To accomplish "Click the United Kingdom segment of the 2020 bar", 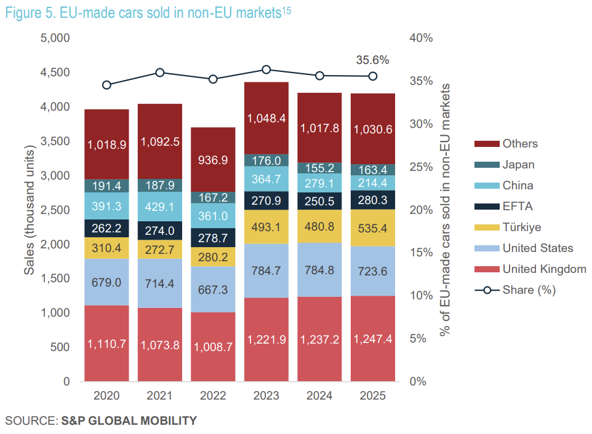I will (106, 343).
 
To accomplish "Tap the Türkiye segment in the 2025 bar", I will (372, 228).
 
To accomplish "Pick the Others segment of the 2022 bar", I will (213, 159).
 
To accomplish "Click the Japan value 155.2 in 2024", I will (319, 168).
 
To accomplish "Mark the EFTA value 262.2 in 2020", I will (106, 228).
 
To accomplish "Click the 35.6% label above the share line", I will (372, 60).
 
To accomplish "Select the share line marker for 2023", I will (266, 69).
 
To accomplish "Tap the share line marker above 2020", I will (106, 85).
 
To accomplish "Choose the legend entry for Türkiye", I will (521, 227).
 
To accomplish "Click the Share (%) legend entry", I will (529, 290).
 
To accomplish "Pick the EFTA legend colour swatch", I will (486, 207).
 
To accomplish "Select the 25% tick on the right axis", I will (421, 167).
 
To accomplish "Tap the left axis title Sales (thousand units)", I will (29, 210).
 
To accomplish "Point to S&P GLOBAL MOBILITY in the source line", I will (129, 421).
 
